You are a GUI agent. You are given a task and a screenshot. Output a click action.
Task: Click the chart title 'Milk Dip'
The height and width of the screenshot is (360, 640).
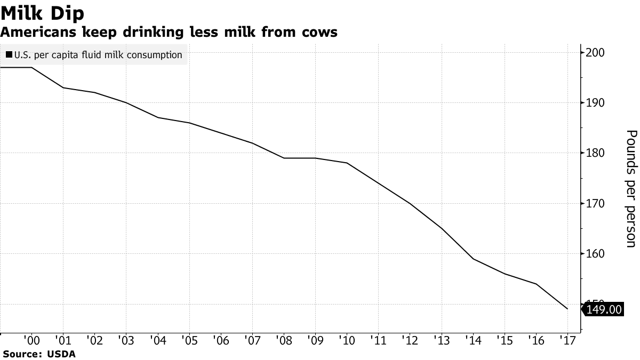(42, 12)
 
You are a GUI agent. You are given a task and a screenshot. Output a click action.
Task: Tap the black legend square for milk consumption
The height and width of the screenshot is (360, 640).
(10, 54)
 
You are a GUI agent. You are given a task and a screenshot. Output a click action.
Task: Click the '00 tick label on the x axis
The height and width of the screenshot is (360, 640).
(31, 340)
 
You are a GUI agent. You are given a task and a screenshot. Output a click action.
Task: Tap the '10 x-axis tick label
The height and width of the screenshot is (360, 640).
(346, 340)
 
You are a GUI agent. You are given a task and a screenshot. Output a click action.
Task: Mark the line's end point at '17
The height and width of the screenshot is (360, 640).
(567, 309)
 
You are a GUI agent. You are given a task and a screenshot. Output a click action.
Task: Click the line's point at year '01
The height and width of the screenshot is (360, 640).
(63, 87)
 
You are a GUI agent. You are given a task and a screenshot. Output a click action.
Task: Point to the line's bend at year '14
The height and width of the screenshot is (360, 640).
(473, 259)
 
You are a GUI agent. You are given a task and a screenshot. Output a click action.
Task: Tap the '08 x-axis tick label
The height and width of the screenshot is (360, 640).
(283, 340)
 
